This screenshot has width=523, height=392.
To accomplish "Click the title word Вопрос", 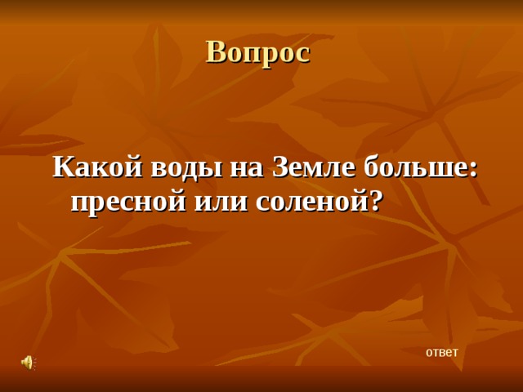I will tap(257, 52).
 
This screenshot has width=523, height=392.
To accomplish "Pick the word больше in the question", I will tap(412, 167).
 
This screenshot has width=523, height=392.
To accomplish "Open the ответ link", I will tap(441, 352).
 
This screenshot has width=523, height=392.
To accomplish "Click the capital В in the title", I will tap(215, 51).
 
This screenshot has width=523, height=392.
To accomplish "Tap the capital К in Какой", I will tap(62, 167).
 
